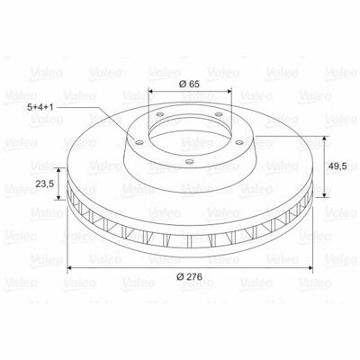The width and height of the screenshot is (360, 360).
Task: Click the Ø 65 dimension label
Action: pos(189,84)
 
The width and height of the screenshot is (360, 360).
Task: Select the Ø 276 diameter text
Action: pos(189,276)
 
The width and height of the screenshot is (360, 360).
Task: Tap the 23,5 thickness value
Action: pos(45,184)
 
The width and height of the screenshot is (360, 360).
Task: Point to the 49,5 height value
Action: pos(337,166)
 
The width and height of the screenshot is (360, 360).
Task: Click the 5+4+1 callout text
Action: pos(40,107)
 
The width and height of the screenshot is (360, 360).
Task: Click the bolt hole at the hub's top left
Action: pos(160,114)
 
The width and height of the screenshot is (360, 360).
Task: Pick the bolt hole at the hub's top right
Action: pos(220,114)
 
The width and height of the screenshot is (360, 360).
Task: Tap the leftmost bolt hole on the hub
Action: pos(139,142)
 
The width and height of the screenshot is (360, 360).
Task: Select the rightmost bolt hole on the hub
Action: pos(239,142)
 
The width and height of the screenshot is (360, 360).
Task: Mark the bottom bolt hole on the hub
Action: pos(189,162)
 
